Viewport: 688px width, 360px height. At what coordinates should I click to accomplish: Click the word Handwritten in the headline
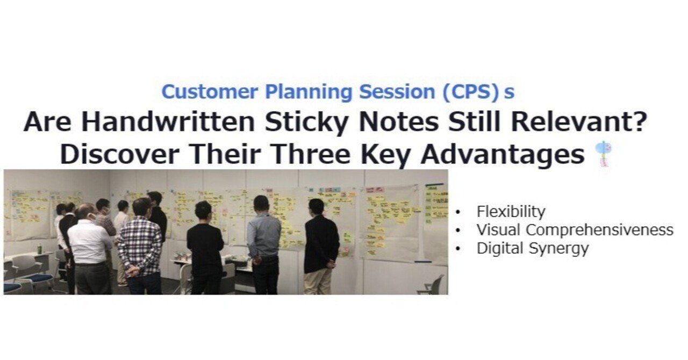pos(168,123)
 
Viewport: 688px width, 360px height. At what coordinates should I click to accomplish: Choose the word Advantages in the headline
pos(503,155)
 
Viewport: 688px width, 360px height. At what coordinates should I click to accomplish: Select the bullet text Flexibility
pos(511,212)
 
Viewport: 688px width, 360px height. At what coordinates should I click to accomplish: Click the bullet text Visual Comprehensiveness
pos(575,230)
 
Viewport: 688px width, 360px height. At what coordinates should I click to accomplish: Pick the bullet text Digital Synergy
pos(532,248)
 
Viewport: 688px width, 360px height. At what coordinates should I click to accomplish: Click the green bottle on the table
pos(39,249)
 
